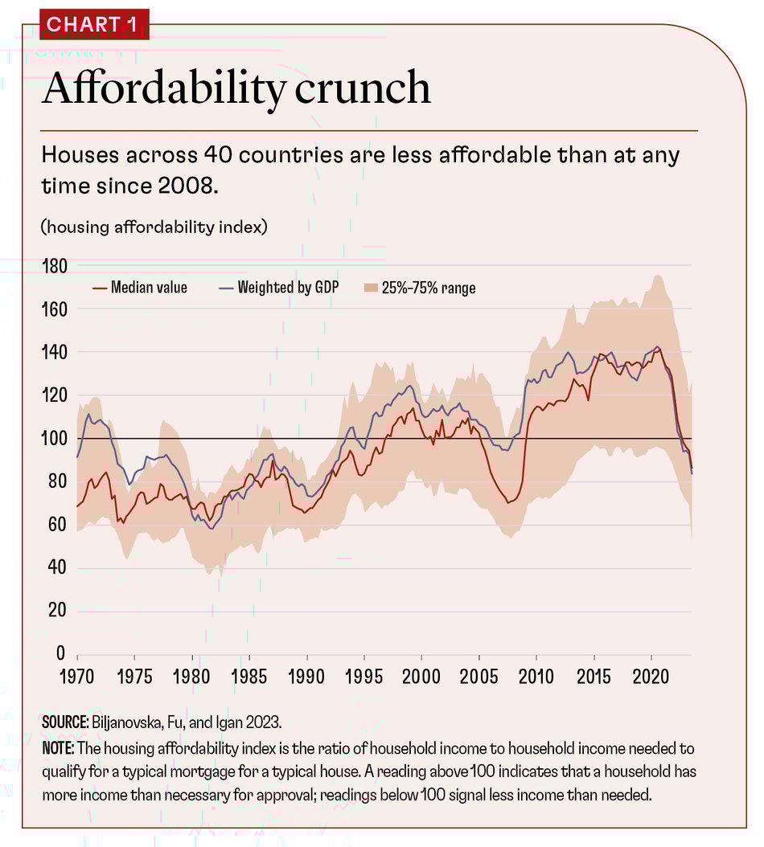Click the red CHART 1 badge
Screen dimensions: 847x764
pos(93,24)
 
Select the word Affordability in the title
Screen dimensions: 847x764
pos(161,88)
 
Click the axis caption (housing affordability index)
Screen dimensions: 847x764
pos(154,227)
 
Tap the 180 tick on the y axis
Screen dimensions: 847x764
pos(55,266)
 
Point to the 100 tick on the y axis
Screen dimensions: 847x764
pos(55,439)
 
